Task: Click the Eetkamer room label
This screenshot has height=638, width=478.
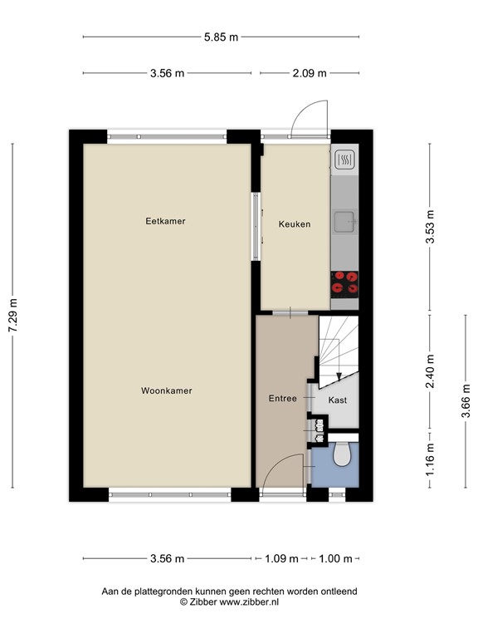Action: [165, 221]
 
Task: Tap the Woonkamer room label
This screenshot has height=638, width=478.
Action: [166, 390]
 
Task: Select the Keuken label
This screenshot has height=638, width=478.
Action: [295, 224]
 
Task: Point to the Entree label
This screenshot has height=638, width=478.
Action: [282, 399]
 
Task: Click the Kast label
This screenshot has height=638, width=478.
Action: [338, 400]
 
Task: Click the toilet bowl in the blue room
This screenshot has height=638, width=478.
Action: [342, 456]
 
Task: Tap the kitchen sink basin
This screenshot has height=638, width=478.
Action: [344, 220]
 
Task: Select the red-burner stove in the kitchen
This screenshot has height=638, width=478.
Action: [344, 283]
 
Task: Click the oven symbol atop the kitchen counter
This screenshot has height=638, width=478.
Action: [344, 159]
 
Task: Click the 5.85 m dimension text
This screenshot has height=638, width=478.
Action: [222, 37]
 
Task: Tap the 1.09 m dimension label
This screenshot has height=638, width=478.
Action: [281, 558]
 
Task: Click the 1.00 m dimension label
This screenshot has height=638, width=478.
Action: [336, 558]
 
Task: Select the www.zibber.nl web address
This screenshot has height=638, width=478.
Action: [249, 601]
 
